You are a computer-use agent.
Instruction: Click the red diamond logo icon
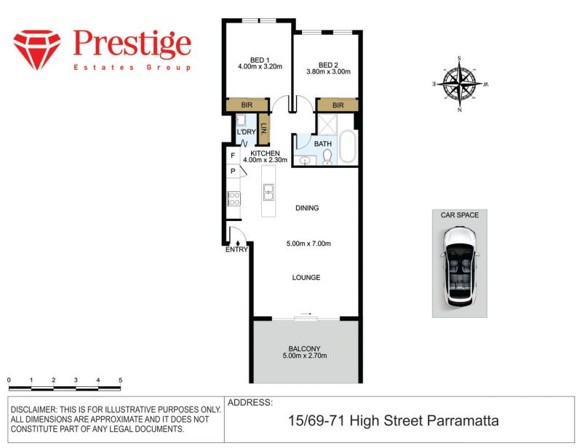tap(37, 49)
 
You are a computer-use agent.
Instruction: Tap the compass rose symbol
tap(460, 84)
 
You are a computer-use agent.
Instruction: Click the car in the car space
tap(460, 267)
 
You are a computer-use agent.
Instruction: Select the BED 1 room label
tap(260, 60)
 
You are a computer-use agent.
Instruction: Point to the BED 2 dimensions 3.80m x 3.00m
tap(329, 71)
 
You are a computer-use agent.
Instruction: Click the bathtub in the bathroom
tap(347, 147)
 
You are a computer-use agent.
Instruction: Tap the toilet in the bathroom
tap(327, 156)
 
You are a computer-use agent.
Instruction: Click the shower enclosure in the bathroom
tap(327, 124)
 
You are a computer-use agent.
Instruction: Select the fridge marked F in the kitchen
tap(233, 156)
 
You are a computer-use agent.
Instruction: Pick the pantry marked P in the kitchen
tap(233, 171)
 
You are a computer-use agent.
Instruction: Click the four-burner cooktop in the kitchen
tap(234, 199)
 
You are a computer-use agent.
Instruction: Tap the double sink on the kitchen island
tap(268, 192)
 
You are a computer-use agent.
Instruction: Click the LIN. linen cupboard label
tap(264, 129)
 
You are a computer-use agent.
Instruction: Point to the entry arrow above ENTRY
tap(238, 243)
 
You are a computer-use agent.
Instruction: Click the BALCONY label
tap(304, 349)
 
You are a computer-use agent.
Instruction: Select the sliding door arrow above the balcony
tap(306, 314)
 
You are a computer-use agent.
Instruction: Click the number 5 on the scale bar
tap(120, 380)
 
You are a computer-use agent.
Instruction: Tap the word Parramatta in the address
tap(463, 421)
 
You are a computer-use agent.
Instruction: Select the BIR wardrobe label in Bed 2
tap(338, 105)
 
